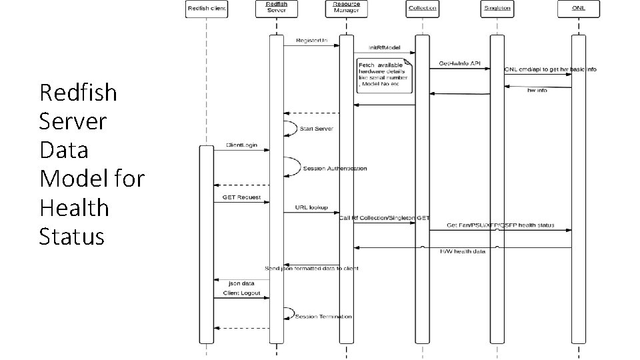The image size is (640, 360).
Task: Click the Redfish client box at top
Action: [206, 9]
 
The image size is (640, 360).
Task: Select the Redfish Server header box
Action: [277, 8]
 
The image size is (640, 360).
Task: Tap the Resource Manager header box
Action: [346, 8]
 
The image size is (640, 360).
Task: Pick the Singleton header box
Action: [497, 9]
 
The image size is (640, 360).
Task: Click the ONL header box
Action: [577, 9]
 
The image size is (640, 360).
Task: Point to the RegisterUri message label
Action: [306, 41]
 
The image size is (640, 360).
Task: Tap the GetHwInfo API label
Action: [459, 63]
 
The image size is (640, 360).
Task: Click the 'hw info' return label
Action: [537, 90]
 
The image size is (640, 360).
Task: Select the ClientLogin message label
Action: [242, 145]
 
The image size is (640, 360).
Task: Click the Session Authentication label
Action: [335, 168]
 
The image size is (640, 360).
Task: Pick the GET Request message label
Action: [241, 198]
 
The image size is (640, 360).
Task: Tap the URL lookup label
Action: [311, 207]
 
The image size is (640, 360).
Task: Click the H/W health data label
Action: [463, 251]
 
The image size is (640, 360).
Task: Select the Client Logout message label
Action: [241, 293]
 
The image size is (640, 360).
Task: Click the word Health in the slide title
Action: [74, 207]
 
